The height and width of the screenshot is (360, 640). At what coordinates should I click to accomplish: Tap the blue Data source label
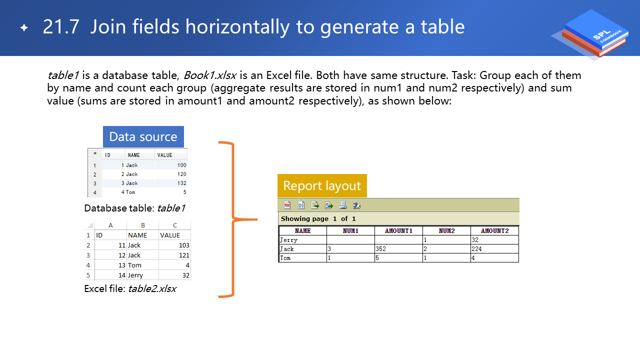(143, 136)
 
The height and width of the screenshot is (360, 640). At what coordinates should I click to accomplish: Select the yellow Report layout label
(322, 185)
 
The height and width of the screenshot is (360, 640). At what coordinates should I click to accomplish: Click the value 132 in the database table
(181, 183)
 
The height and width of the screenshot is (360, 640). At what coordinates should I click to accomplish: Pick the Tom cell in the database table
(130, 192)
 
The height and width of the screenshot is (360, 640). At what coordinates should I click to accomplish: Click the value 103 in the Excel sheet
(184, 245)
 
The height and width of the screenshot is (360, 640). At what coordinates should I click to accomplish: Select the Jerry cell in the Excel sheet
(135, 275)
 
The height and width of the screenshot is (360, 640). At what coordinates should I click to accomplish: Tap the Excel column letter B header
(143, 225)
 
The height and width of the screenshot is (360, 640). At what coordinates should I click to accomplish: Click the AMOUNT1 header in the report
(398, 231)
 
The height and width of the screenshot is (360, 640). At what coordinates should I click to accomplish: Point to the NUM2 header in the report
(446, 231)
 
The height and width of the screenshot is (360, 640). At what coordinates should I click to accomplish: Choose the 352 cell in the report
(381, 249)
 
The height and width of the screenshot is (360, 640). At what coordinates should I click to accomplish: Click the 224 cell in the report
(476, 249)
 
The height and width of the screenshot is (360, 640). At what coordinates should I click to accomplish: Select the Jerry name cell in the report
(289, 240)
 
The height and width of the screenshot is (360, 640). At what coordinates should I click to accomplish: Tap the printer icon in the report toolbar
(343, 205)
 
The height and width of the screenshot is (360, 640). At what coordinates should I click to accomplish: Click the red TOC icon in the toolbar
(287, 205)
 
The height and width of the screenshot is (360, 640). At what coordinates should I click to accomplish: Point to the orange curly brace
(233, 219)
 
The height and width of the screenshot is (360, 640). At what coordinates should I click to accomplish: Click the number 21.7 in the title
(61, 27)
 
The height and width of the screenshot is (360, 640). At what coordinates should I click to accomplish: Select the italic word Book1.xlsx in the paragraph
(210, 75)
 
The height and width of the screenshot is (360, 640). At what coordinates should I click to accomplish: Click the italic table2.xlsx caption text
(152, 289)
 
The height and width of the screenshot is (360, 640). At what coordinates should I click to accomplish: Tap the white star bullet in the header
(24, 27)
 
